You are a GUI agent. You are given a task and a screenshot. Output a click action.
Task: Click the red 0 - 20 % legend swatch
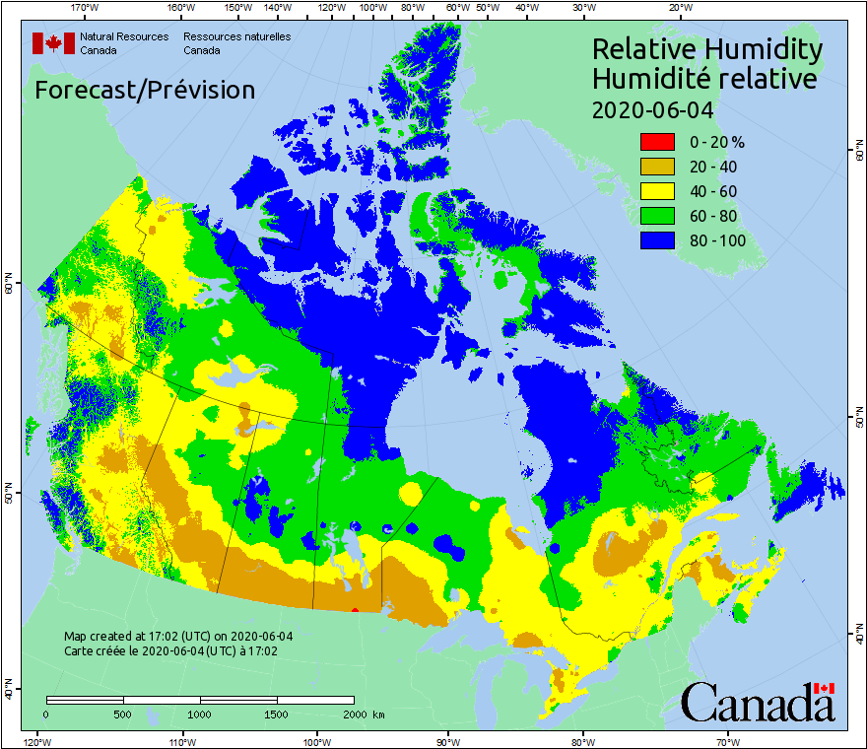656,142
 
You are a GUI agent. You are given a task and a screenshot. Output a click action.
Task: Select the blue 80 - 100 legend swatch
656,240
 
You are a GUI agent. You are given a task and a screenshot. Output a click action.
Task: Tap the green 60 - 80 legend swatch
656,216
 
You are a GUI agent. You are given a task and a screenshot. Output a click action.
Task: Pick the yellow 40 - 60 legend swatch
656,191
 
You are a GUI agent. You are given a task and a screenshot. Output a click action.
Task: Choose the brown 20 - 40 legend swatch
656,167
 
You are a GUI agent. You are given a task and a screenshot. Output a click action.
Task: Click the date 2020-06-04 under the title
652,109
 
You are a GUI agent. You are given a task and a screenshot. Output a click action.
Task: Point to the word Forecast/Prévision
145,91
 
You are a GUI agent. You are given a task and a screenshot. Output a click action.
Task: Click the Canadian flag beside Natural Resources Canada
53,43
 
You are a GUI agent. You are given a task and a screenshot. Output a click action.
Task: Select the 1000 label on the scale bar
200,714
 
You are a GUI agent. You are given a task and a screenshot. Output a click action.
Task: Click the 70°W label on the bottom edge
727,741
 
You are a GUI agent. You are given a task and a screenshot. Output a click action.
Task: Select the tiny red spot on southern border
355,610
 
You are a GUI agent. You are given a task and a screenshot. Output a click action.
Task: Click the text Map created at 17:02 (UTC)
177,636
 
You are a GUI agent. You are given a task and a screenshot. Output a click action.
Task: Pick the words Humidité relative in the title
703,79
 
